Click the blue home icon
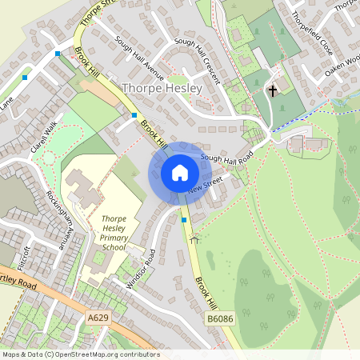coord(180,173)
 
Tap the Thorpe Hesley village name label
coord(162,88)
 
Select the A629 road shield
coord(98,318)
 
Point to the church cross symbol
coord(272,90)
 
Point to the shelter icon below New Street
coord(193,238)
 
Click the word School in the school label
coord(114,248)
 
